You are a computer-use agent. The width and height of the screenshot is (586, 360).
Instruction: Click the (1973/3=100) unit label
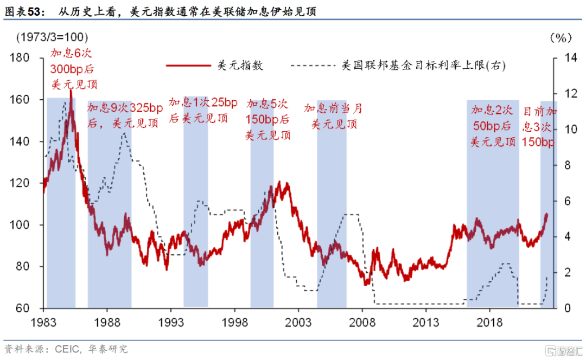(x=52, y=37)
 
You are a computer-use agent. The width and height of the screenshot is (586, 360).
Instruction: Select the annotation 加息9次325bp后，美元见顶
(x=125, y=115)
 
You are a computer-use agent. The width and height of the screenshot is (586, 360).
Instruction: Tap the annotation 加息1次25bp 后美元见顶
(x=202, y=110)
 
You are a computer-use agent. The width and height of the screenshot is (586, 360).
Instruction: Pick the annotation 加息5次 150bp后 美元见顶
(x=268, y=119)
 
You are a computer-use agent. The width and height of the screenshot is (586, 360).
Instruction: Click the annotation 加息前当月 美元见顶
(x=333, y=116)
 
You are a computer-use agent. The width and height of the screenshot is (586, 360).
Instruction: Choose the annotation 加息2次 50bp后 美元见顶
(x=492, y=126)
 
